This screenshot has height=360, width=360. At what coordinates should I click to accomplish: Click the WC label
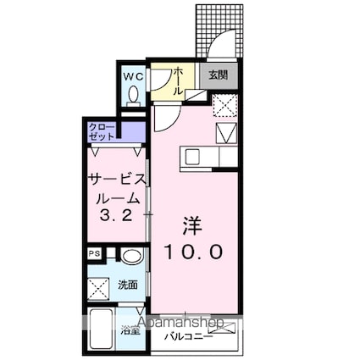pyautogui.click(x=134, y=75)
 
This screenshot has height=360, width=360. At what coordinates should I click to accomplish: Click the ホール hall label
pyautogui.click(x=179, y=80)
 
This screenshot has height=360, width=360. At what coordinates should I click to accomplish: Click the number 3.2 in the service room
pyautogui.click(x=115, y=214)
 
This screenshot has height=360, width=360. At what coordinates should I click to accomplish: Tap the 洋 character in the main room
pyautogui.click(x=193, y=225)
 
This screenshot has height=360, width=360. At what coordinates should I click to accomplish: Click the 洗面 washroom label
pyautogui.click(x=128, y=285)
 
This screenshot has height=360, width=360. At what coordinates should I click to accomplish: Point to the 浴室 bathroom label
pyautogui.click(x=131, y=330)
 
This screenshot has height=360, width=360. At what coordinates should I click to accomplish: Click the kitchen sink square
pyautogui.click(x=191, y=157)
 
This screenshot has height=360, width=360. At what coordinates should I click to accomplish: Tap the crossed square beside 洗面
pyautogui.click(x=98, y=285)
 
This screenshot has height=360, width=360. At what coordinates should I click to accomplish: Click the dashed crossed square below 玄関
pyautogui.click(x=224, y=106)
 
